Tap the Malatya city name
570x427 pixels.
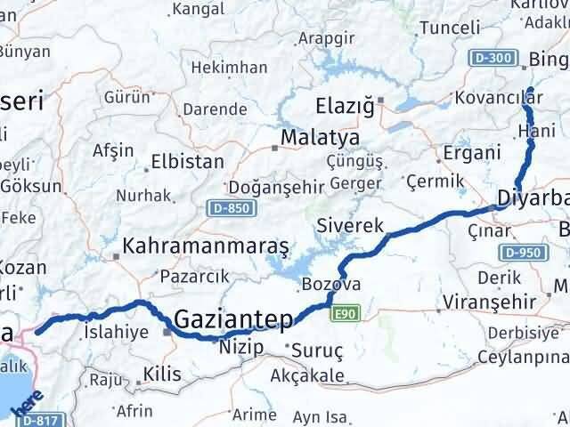click(x=319, y=139)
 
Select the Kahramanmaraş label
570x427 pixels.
click(x=206, y=245)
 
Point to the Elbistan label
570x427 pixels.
click(x=187, y=163)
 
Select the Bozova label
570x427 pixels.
click(x=331, y=285)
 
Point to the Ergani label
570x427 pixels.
click(x=471, y=153)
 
